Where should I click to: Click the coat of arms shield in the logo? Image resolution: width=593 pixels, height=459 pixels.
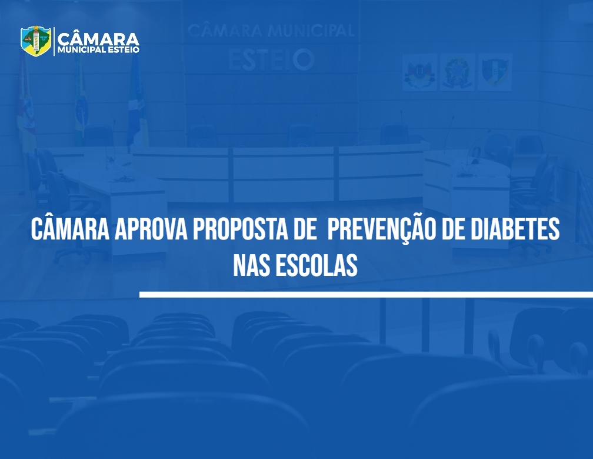36,41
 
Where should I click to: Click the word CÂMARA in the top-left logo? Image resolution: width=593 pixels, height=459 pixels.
98,39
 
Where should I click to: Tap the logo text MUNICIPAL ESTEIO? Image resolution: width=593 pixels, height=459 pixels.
98,50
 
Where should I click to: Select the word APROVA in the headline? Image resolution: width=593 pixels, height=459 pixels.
151,229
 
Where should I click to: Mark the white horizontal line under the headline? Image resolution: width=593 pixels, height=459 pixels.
366,294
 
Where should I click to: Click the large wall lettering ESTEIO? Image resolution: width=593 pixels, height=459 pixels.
271,60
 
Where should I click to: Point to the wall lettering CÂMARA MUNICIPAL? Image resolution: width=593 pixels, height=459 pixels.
271,31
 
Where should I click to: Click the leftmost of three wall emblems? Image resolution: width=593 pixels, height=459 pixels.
419,72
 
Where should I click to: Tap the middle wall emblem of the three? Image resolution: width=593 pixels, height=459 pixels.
457,72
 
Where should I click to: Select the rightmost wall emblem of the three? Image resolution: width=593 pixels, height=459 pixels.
495,72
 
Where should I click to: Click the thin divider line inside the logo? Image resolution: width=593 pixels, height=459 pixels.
54,41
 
